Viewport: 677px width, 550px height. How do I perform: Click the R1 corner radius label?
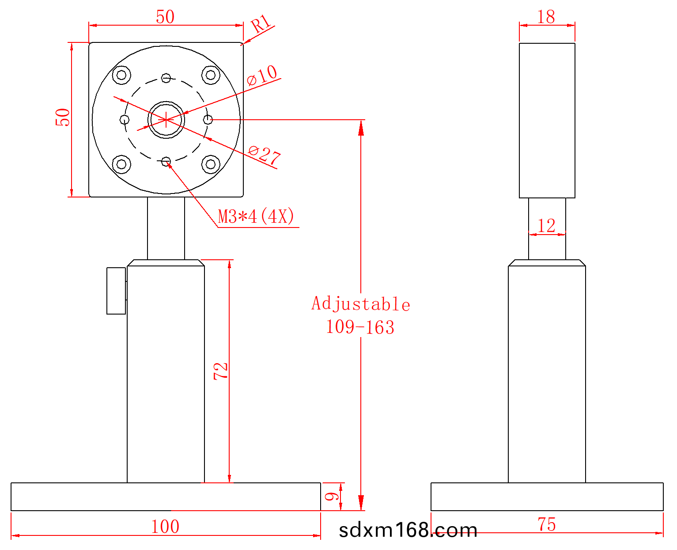[261, 23]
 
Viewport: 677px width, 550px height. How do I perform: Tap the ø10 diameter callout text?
[262, 75]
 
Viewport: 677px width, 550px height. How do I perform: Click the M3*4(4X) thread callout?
[256, 216]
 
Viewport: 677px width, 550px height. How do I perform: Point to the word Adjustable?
[361, 304]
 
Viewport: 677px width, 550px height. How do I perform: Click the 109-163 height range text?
[360, 327]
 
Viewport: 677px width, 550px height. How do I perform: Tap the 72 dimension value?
[221, 371]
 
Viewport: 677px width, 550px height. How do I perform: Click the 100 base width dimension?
[165, 527]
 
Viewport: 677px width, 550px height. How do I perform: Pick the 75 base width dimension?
[546, 524]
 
